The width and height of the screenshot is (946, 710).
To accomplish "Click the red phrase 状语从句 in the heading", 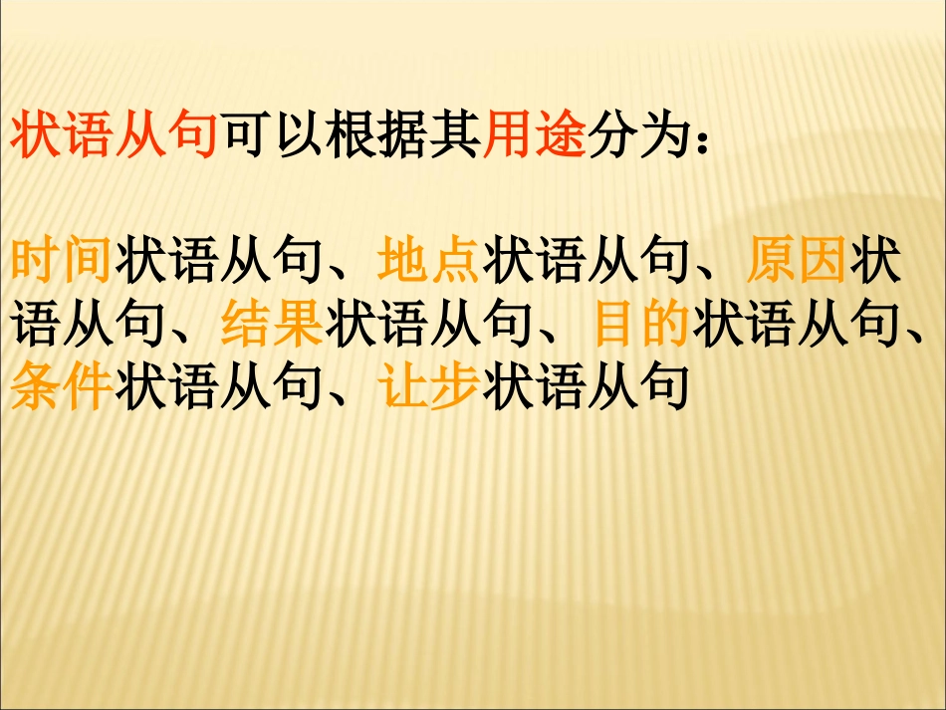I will point(113,137).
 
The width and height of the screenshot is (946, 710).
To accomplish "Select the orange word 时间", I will point(60,262).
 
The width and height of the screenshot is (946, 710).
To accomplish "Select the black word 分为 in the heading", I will point(637,137).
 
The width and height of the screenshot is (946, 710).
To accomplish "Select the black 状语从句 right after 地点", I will point(586,262).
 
